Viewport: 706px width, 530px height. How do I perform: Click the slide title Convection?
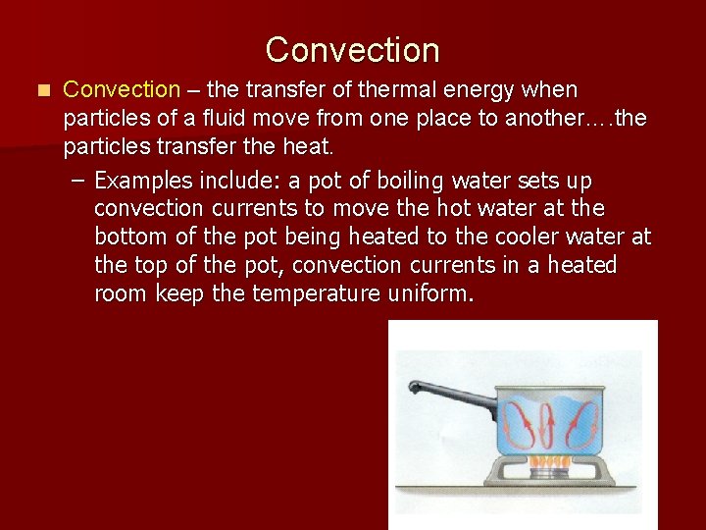(352, 49)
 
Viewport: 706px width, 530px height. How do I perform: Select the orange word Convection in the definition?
(121, 90)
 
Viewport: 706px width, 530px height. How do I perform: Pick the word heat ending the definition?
(312, 147)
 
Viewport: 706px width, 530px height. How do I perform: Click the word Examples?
(143, 182)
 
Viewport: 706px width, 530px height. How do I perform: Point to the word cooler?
(539, 238)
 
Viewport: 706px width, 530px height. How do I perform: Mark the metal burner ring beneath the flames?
(549, 474)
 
